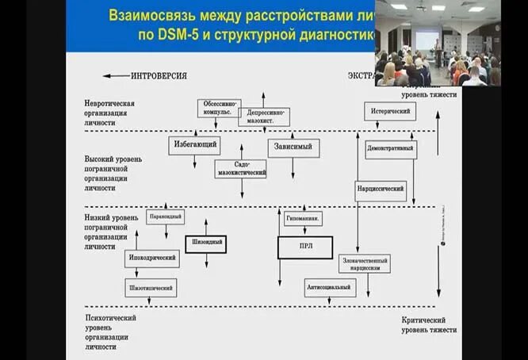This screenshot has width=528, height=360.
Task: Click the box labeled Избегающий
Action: pos(194,145)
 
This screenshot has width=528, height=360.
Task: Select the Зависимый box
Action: pos(293,147)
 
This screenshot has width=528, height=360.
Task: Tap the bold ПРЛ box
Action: pos(304,247)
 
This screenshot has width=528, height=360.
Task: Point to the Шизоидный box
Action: pos(206,243)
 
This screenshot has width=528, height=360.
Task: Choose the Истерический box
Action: pos(390,111)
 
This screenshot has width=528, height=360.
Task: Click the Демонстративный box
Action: pos(391,149)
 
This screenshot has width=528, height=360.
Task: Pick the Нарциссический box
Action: pos(381,190)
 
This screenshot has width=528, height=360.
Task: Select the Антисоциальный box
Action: pos(330,287)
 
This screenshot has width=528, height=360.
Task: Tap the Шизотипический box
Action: pos(151,287)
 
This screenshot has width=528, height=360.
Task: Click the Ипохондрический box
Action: pos(152,259)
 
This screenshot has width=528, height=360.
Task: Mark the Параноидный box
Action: pos(166,216)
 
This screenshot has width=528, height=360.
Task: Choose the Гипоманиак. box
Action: pos(304,218)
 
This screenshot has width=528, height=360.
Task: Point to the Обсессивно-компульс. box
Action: pos(219,108)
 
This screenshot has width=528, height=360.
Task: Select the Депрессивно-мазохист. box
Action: pos(264,117)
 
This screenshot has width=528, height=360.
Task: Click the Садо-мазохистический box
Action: pos(240,168)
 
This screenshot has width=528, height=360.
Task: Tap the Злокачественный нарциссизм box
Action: pos(365,263)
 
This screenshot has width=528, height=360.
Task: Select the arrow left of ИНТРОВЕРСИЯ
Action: pos(116,76)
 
